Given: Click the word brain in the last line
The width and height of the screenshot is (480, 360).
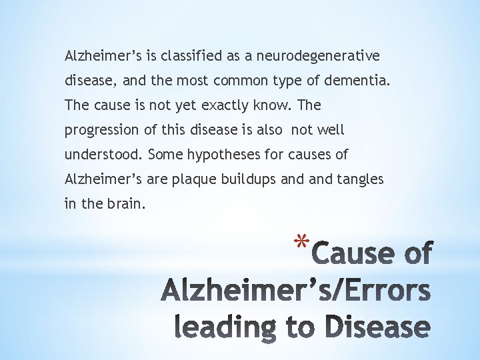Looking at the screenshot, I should [125, 204].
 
